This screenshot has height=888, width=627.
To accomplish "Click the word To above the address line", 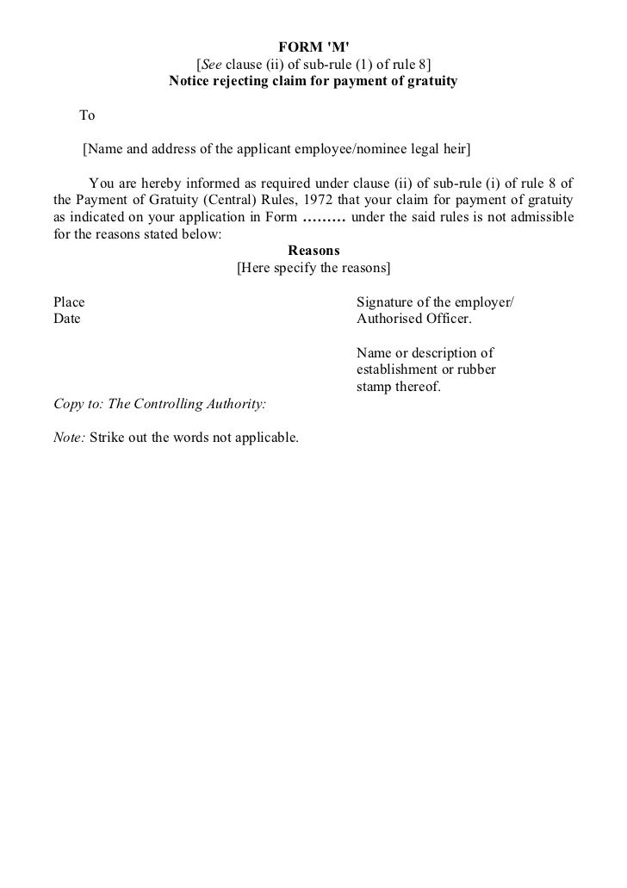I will [x=87, y=115].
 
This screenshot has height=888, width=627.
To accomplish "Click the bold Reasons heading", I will [x=313, y=251].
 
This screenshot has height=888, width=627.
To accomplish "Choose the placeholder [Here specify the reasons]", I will [x=313, y=268].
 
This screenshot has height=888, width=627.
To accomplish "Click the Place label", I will [x=69, y=302].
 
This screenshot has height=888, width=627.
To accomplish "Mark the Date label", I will [x=67, y=319].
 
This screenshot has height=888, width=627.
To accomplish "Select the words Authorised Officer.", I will [x=413, y=319].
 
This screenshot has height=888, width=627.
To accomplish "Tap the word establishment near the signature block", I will [x=396, y=369].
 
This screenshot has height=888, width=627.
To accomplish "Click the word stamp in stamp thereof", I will [x=373, y=387].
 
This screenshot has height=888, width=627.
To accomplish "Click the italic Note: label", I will [x=69, y=438].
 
